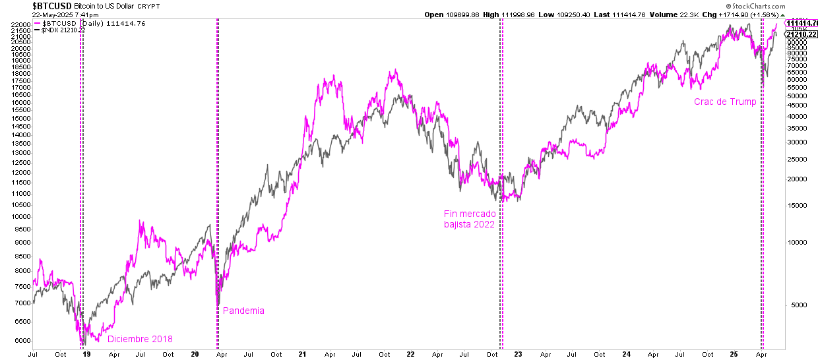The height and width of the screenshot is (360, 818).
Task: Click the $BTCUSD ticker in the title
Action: [x=52, y=6]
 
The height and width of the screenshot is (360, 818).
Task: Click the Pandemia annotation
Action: [x=243, y=311]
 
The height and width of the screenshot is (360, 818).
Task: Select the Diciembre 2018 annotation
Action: [x=140, y=339]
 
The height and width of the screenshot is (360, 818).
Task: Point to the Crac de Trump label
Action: [x=725, y=102]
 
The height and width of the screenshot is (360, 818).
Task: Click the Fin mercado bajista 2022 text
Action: [x=469, y=219]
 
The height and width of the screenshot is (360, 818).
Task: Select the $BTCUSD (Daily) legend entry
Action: [x=88, y=23]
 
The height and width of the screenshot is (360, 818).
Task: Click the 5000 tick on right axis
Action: [x=796, y=305]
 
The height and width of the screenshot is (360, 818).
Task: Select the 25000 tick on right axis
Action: [x=798, y=158]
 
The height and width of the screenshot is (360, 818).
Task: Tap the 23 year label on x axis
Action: [x=518, y=354]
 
